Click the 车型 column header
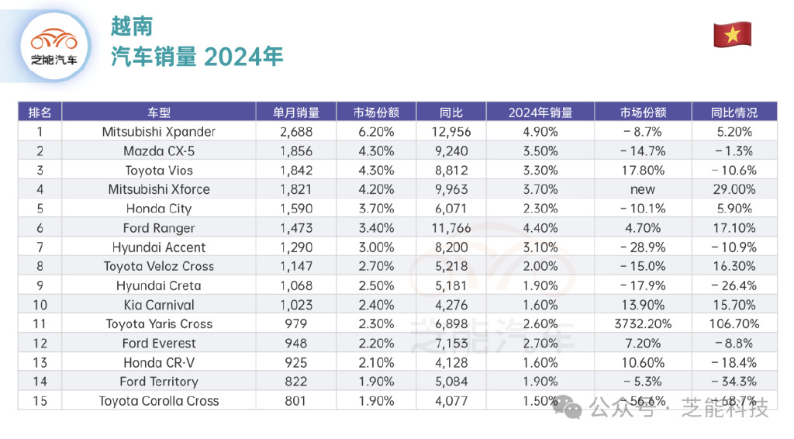(158, 112)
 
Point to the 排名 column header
(40, 112)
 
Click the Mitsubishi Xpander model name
(158, 132)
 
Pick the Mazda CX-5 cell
(158, 151)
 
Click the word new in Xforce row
(642, 189)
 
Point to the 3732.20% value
(642, 324)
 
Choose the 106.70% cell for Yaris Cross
(734, 324)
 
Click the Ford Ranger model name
(158, 228)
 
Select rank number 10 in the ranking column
(40, 305)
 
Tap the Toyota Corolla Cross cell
(158, 401)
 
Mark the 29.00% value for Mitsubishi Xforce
(734, 189)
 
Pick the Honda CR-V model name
(158, 362)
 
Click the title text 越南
(132, 26)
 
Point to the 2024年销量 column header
(540, 112)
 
